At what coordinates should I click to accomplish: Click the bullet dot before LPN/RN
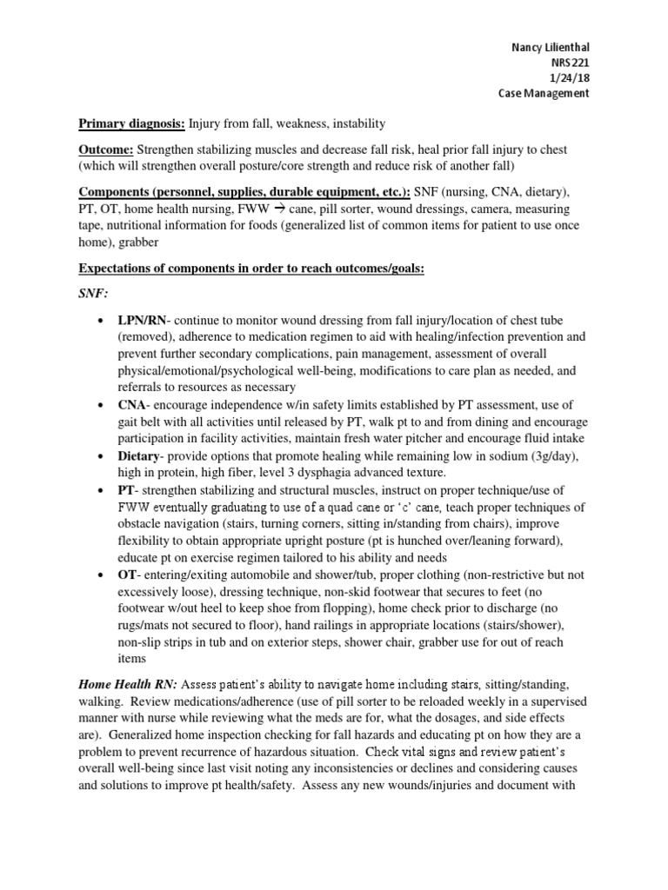104,321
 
